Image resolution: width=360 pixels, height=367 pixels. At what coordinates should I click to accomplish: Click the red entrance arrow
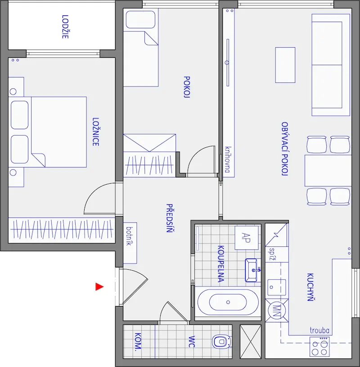(99, 287)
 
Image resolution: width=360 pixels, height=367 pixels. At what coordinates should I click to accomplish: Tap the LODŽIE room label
(65, 27)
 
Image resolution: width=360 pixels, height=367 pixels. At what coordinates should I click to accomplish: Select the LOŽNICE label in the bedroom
(95, 132)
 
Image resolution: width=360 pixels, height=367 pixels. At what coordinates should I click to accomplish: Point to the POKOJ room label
(187, 86)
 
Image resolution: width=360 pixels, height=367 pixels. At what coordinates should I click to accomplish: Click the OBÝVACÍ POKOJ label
(284, 149)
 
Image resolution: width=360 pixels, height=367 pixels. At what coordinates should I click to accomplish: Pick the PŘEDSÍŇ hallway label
(169, 218)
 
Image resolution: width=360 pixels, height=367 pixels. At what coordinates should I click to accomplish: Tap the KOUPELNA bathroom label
(221, 264)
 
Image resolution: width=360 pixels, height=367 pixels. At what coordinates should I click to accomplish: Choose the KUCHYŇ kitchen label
(310, 287)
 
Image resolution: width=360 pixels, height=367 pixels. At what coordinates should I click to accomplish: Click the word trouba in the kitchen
(319, 330)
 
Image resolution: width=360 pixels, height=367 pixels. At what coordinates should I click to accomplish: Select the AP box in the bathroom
(247, 238)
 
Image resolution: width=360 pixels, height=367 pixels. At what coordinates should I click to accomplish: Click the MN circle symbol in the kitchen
(277, 311)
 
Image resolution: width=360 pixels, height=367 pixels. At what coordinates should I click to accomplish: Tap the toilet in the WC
(222, 342)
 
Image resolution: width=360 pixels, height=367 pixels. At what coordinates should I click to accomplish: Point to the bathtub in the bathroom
(228, 302)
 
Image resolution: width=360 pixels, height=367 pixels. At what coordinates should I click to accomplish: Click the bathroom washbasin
(252, 270)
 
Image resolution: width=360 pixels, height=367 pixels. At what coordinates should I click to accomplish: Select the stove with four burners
(319, 347)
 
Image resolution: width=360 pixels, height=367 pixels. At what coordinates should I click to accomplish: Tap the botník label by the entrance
(129, 236)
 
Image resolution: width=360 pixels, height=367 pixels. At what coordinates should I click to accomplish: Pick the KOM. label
(138, 341)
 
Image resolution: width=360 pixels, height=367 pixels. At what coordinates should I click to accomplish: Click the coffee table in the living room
(285, 65)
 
